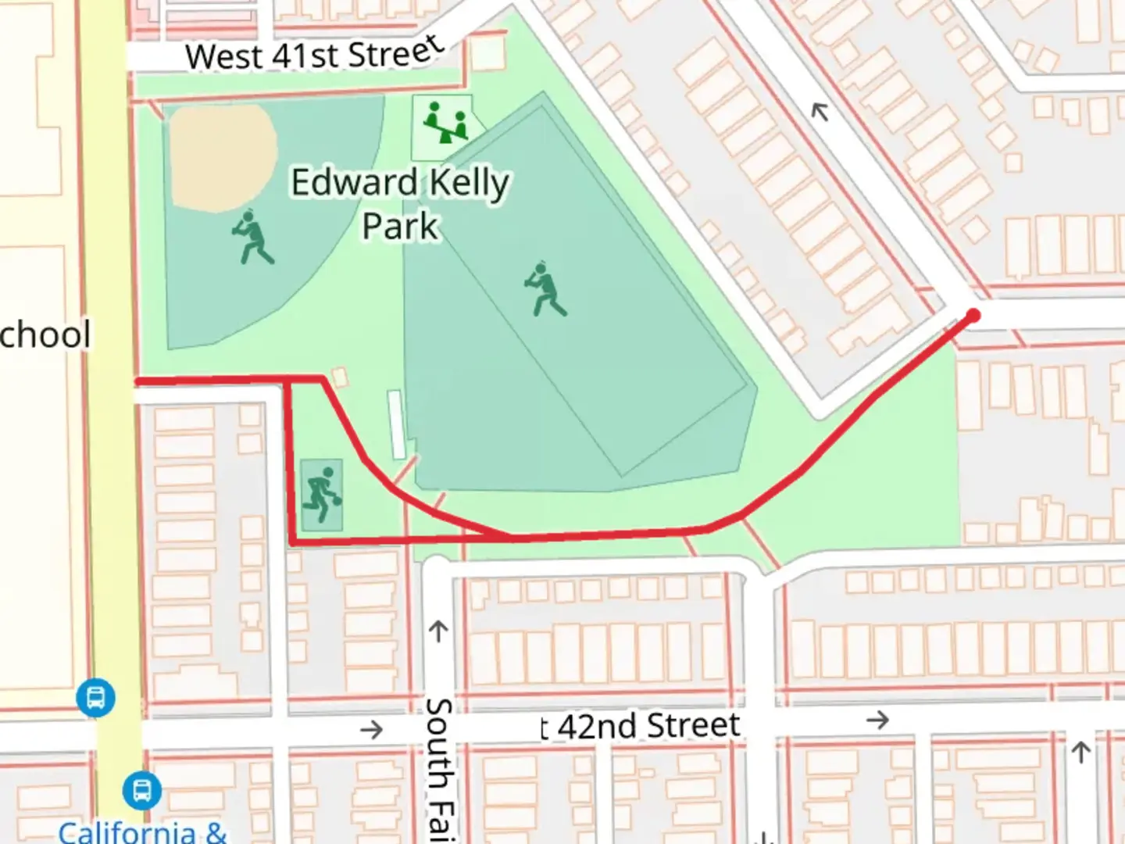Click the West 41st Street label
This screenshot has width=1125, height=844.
[x=315, y=54]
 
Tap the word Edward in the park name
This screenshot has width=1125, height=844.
[x=355, y=183]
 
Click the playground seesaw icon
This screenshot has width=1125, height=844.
[x=445, y=123]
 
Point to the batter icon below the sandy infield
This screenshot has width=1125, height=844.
[x=253, y=237]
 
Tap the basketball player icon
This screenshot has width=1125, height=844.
[x=323, y=495]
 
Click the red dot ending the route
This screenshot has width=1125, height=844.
[x=973, y=316]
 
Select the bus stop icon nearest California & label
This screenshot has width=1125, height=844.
[x=142, y=790]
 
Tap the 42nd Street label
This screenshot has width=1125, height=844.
[x=641, y=726]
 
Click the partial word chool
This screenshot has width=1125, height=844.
[x=45, y=334]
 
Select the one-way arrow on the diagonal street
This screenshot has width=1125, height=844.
[x=819, y=113]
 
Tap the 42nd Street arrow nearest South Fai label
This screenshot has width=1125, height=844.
[x=371, y=730]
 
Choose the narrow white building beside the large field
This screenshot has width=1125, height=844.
[x=397, y=424]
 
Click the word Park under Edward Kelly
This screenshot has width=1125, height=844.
[x=400, y=226]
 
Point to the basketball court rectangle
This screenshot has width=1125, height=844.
[x=321, y=495]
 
